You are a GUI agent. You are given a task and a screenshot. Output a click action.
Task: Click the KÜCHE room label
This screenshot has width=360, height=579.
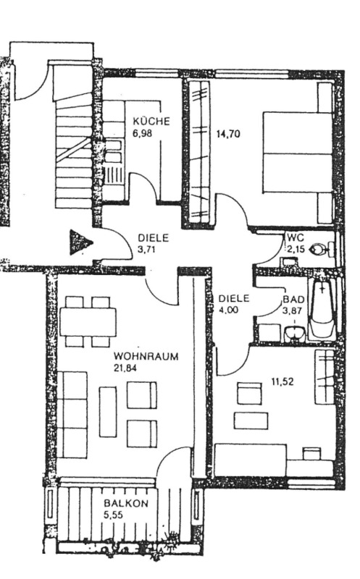click(x=151, y=121)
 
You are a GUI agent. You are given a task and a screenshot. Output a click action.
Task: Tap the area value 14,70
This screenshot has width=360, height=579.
click(x=227, y=134)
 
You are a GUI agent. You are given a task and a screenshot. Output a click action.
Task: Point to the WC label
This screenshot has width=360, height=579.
click(x=295, y=237)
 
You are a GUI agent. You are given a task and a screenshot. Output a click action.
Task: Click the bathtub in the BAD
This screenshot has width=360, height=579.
click(x=323, y=308)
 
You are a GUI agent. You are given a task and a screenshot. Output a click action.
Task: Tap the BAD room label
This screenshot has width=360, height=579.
click(x=293, y=299)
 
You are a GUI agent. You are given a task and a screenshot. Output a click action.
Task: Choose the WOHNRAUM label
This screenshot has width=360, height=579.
click(x=146, y=356)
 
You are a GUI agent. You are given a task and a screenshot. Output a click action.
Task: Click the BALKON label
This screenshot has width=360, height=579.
click(x=126, y=503)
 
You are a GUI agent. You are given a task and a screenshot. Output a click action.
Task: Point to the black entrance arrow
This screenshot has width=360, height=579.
click(x=80, y=242)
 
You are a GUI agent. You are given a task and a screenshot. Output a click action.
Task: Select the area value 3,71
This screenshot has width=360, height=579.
click(x=147, y=249)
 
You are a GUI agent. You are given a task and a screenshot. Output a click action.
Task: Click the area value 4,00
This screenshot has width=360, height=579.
click(x=228, y=310)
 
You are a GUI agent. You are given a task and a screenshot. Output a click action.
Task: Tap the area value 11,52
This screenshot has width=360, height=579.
click(x=282, y=381)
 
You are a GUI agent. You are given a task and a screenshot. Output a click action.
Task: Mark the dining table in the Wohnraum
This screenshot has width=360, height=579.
click(x=88, y=321)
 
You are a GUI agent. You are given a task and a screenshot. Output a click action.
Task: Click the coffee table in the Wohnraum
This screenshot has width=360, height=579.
click(x=107, y=412)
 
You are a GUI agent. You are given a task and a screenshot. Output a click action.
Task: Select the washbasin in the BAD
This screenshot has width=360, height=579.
click(x=295, y=334)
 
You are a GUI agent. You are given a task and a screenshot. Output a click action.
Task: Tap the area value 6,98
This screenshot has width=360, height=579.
click(x=142, y=133)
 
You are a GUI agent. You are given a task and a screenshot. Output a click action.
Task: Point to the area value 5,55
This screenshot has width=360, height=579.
click(x=113, y=515)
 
